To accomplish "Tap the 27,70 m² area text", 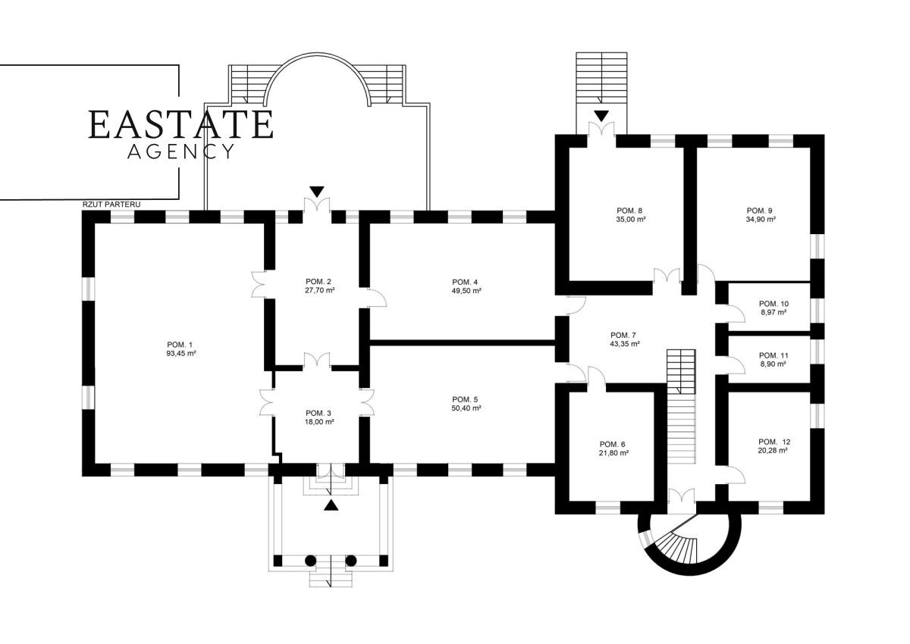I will [x=319, y=289].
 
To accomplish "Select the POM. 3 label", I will [x=319, y=413].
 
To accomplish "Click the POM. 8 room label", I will [x=630, y=210].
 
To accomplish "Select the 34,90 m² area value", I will [x=760, y=219].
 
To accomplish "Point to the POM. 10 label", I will [x=773, y=303].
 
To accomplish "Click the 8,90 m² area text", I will [x=773, y=364].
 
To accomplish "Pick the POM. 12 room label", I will [x=773, y=441].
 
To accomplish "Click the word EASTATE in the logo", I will [x=180, y=125].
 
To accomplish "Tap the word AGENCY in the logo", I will [x=180, y=152].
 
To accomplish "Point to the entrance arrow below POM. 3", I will [x=331, y=505].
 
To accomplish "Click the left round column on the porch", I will [x=310, y=561].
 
